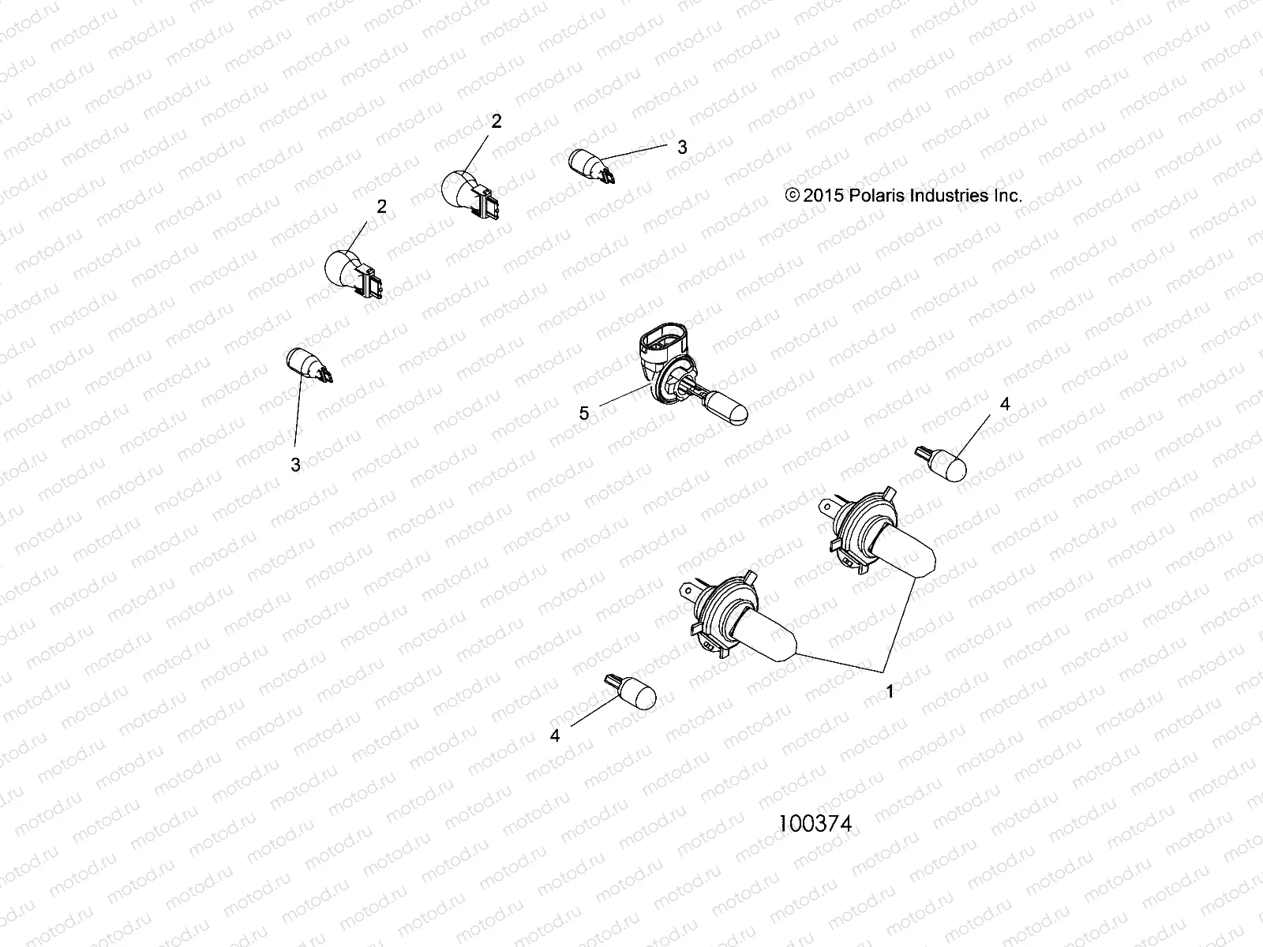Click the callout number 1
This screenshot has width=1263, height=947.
[x=890, y=691]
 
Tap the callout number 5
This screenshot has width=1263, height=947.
[x=584, y=413]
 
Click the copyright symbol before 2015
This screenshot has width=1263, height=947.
[x=793, y=196]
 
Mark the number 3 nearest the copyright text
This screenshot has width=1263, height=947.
[x=682, y=147]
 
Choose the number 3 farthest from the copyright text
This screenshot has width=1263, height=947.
[x=295, y=465]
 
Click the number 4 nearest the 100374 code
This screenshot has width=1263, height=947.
[x=555, y=735]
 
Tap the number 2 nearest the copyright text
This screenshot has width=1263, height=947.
[x=496, y=122]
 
